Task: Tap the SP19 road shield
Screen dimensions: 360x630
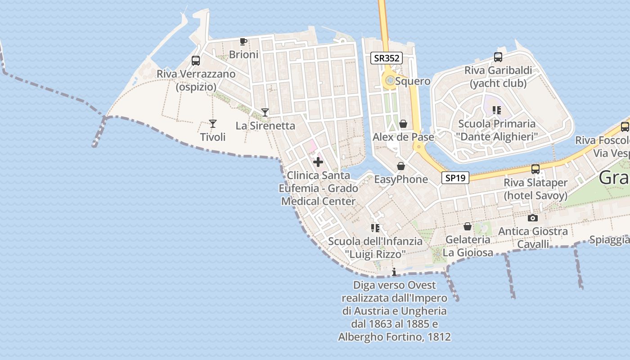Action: pyautogui.click(x=455, y=178)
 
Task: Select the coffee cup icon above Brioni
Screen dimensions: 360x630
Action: pyautogui.click(x=243, y=42)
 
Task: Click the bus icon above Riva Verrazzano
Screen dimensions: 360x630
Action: pyautogui.click(x=196, y=61)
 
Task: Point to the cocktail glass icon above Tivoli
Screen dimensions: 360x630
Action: pyautogui.click(x=213, y=124)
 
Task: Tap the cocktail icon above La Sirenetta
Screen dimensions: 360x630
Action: pyautogui.click(x=265, y=112)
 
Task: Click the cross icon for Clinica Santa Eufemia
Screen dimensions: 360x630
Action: pyautogui.click(x=318, y=162)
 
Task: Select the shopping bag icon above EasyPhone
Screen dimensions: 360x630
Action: pyautogui.click(x=401, y=166)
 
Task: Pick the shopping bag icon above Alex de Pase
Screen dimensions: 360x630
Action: pyautogui.click(x=404, y=124)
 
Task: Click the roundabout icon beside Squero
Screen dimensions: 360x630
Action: pyautogui.click(x=389, y=81)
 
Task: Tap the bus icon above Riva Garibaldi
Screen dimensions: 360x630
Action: pyautogui.click(x=498, y=57)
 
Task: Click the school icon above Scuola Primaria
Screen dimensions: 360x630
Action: pyautogui.click(x=497, y=110)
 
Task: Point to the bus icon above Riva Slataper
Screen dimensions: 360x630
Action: pyautogui.click(x=535, y=169)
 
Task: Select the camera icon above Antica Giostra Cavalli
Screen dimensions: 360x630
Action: pyautogui.click(x=533, y=218)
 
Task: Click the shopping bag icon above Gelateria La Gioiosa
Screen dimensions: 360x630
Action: pyautogui.click(x=468, y=226)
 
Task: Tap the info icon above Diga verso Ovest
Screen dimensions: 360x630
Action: pyautogui.click(x=394, y=272)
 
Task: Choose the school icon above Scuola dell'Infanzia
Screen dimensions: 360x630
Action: pyautogui.click(x=375, y=228)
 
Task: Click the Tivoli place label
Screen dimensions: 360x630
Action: pyautogui.click(x=213, y=137)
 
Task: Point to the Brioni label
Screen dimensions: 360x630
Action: pyautogui.click(x=244, y=54)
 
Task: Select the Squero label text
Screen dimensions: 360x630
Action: pyautogui.click(x=413, y=81)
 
